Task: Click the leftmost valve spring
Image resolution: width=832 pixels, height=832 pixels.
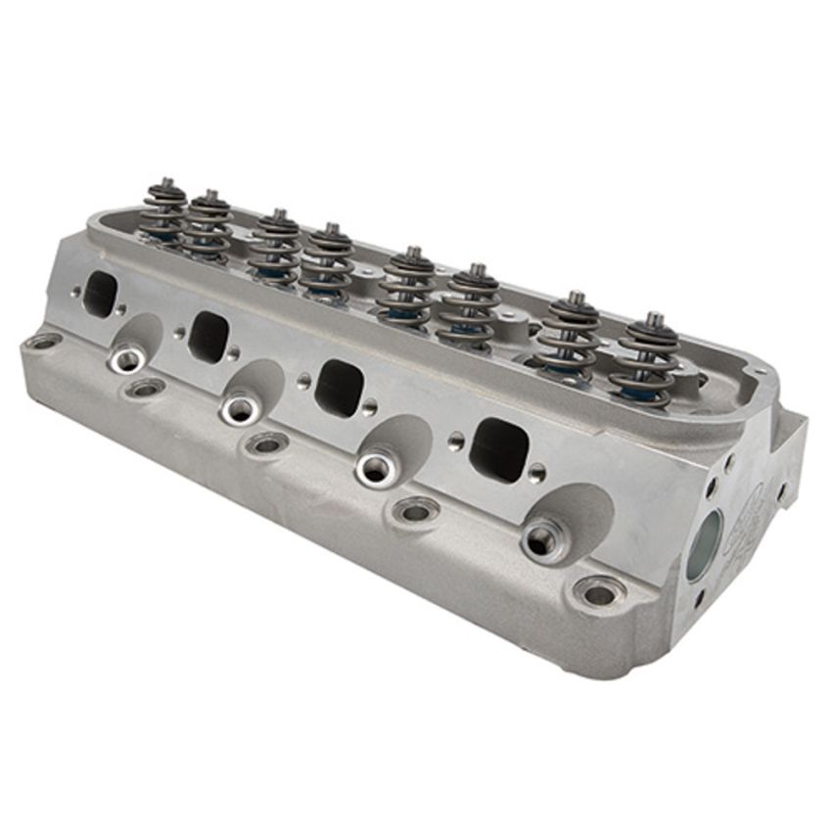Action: point(163,213)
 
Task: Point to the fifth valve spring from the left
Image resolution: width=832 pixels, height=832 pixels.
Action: point(409,288)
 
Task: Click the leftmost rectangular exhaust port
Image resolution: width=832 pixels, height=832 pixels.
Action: point(100,293)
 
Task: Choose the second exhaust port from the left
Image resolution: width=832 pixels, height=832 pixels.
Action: point(208,336)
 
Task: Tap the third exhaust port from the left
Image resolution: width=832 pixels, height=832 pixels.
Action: point(339,387)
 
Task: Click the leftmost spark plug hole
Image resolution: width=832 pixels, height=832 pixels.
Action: point(127,360)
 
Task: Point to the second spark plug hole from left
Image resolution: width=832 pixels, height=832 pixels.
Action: point(240,408)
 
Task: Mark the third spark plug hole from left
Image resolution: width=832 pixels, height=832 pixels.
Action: point(376,468)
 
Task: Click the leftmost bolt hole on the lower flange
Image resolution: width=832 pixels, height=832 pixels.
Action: point(43,342)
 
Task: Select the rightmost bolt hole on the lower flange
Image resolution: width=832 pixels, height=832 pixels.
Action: point(598,592)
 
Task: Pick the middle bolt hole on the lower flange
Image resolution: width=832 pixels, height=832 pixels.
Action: point(267,443)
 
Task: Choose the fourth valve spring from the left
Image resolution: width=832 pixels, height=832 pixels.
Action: point(328,263)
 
